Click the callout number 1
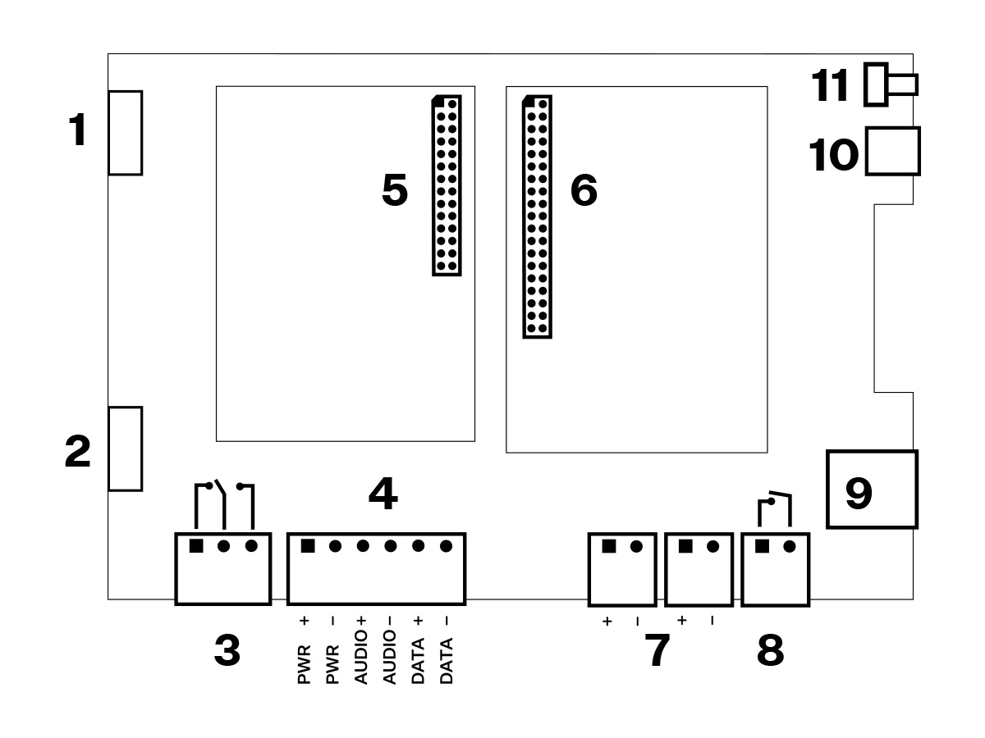78,131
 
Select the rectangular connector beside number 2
126,449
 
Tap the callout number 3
227,652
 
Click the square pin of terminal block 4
308,546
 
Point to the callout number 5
395,191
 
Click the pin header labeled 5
447,185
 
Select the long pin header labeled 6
538,216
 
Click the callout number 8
770,652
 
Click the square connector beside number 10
892,151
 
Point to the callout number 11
831,85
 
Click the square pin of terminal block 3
196,546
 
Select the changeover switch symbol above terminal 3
224,504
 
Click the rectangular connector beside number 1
126,133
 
